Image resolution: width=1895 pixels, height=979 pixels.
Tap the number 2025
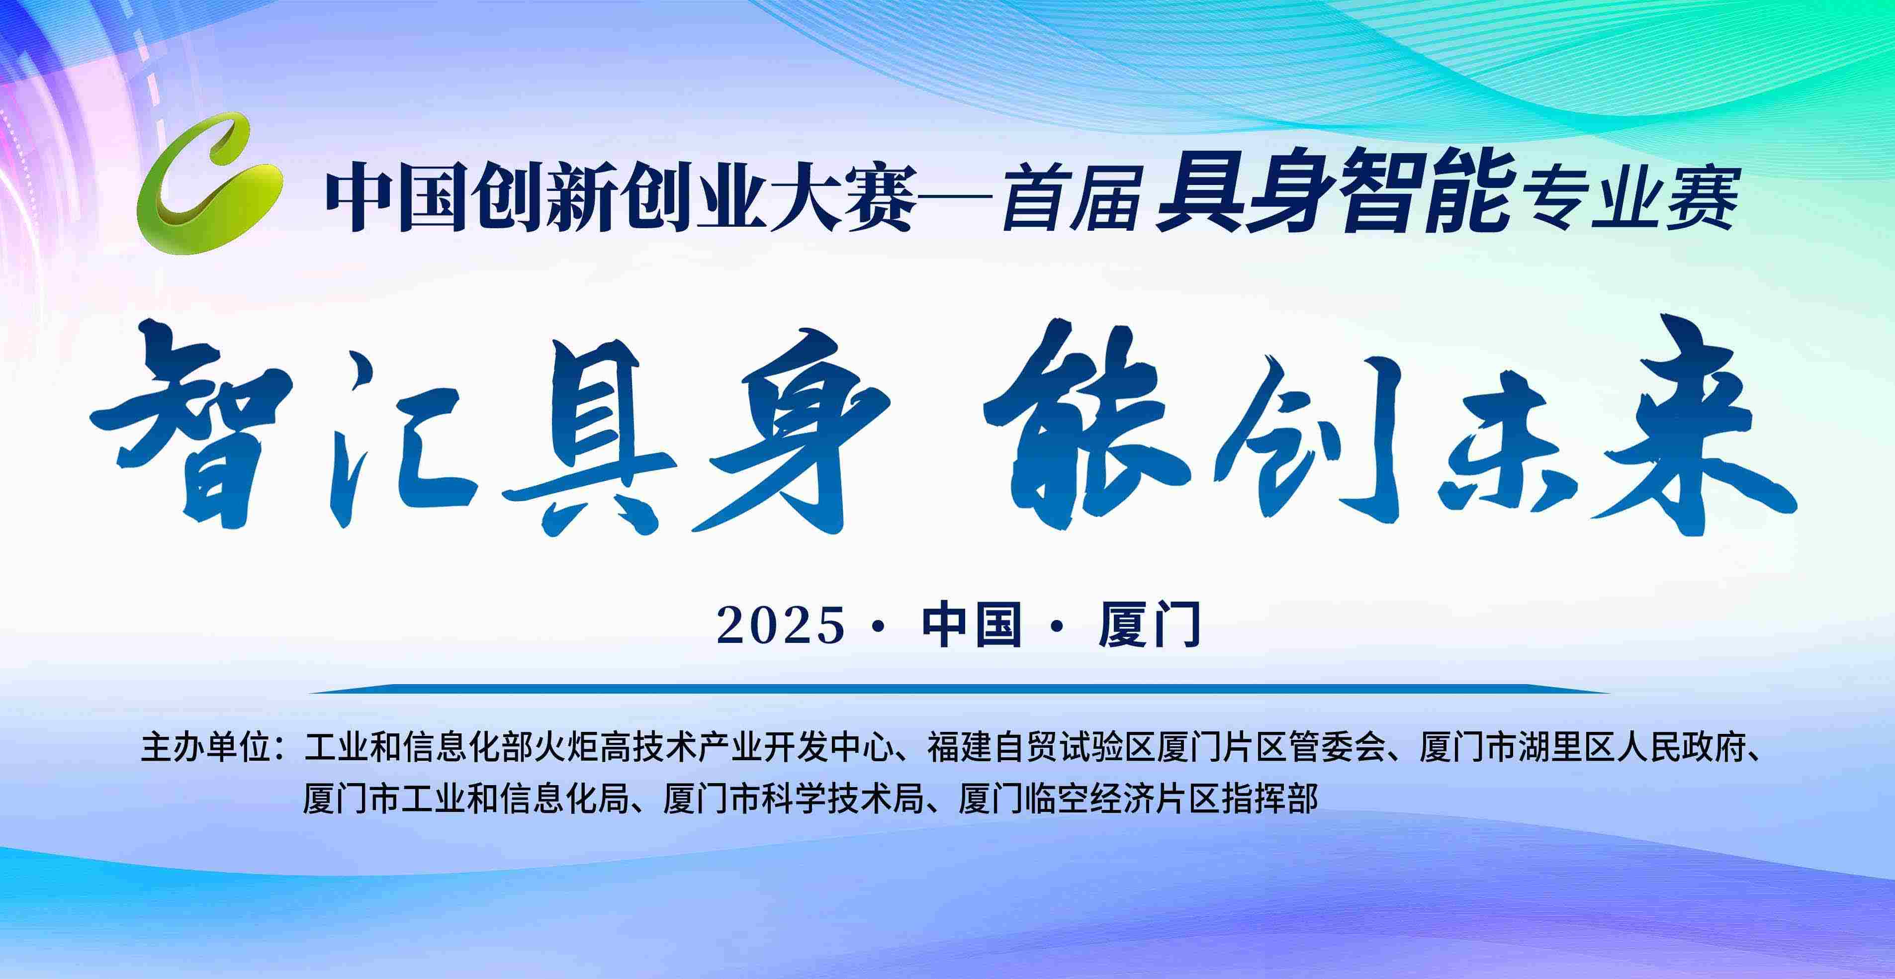[x=781, y=625]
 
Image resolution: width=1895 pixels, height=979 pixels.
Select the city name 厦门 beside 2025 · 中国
[x=1150, y=625]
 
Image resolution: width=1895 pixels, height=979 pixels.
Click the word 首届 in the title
[x=1071, y=197]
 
